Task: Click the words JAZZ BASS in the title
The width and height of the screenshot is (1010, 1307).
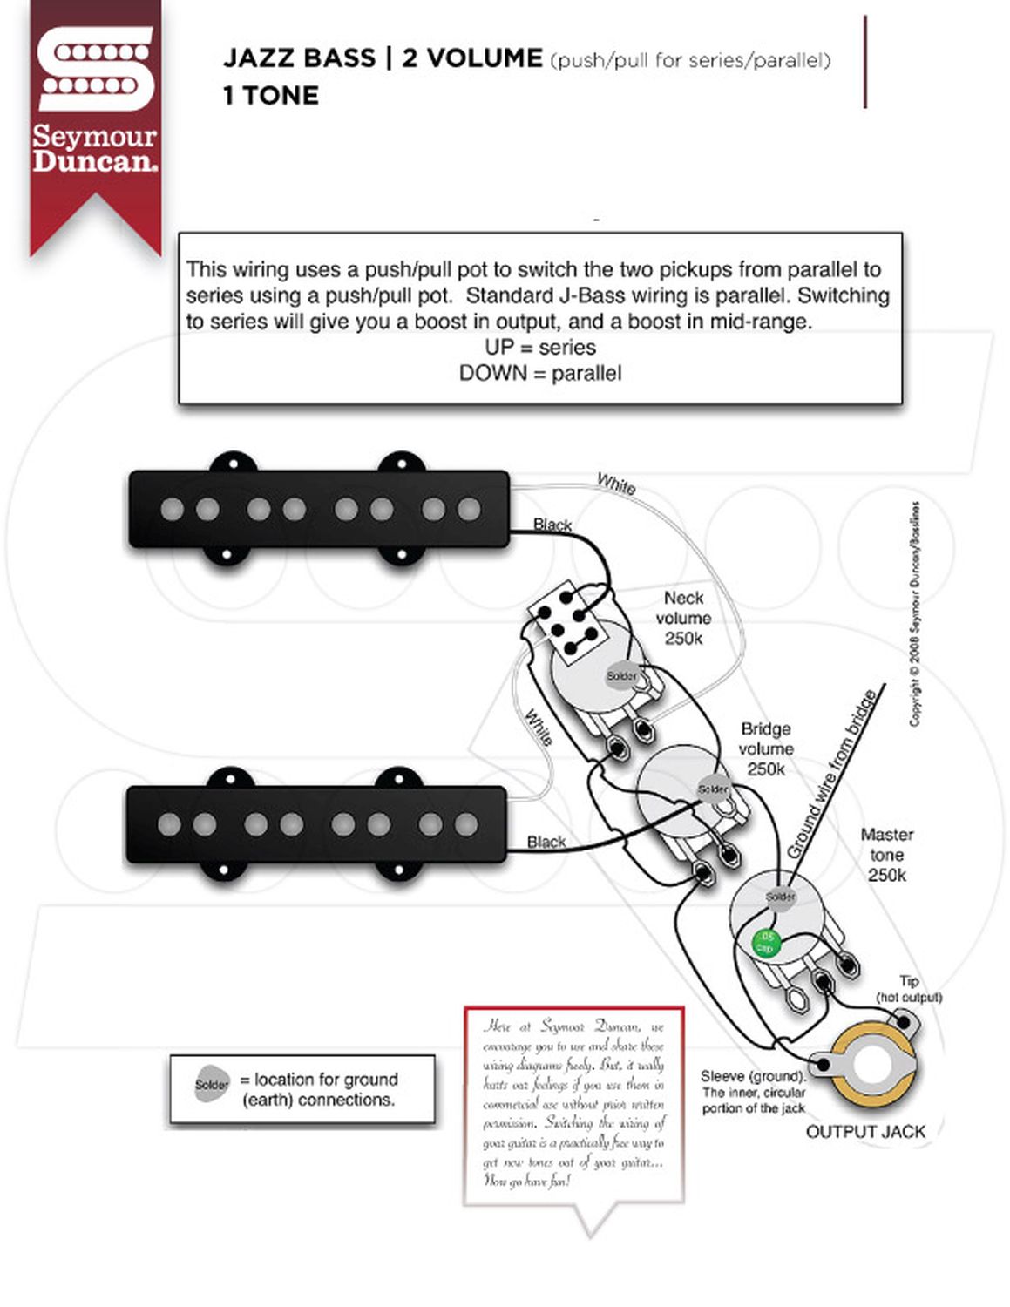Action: tap(298, 58)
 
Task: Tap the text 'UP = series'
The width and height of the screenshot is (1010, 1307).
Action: tap(540, 348)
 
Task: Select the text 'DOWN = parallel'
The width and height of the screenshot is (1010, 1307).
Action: tap(540, 374)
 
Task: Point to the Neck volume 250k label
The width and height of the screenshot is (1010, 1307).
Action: tap(683, 618)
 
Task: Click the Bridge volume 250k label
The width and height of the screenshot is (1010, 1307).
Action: tap(766, 748)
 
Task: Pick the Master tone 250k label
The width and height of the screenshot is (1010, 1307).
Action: tap(886, 855)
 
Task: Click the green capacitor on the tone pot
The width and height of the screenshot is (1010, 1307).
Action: tap(765, 943)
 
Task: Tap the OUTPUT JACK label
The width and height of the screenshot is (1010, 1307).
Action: tap(865, 1131)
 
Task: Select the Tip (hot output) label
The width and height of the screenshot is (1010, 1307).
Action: tap(909, 989)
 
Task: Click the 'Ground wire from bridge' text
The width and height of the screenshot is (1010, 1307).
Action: tap(832, 773)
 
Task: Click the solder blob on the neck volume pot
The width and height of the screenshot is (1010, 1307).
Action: tap(621, 676)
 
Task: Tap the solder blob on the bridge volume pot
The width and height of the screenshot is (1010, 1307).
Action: tap(713, 789)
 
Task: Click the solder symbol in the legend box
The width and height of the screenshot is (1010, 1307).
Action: tap(212, 1085)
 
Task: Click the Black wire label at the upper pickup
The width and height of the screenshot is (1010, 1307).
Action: tap(552, 525)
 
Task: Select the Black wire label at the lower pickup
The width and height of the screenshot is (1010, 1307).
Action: tap(546, 842)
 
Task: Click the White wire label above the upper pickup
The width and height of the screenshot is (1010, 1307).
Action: tap(616, 484)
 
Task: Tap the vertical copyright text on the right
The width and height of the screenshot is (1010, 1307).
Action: tap(914, 613)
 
